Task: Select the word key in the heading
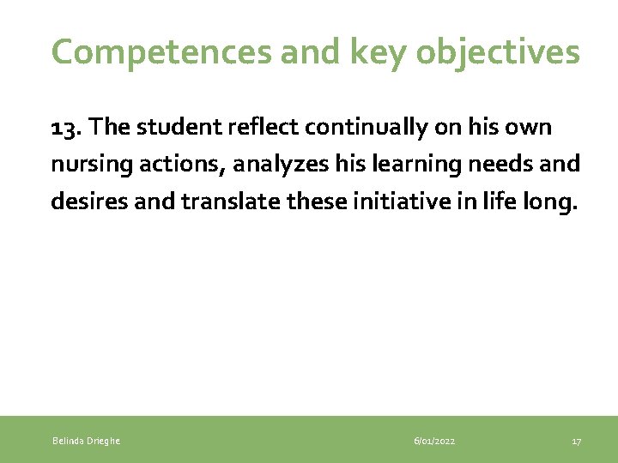367,53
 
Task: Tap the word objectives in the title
498,53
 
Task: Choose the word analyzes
280,164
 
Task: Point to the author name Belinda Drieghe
86,441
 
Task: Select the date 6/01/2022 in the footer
434,441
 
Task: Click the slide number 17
576,441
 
